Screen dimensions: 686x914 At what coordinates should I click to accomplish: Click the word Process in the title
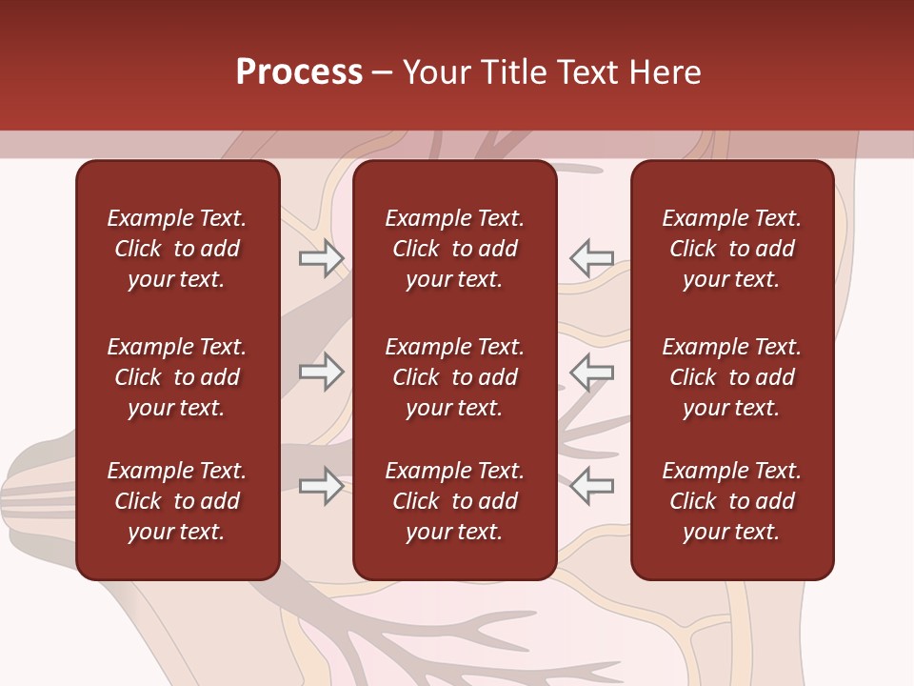pyautogui.click(x=299, y=72)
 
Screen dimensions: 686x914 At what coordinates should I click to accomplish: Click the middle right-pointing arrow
pyautogui.click(x=321, y=373)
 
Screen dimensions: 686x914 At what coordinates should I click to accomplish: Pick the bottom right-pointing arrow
pyautogui.click(x=321, y=487)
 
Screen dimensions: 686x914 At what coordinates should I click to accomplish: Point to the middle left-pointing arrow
pyautogui.click(x=592, y=373)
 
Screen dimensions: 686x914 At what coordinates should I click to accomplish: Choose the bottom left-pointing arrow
pyautogui.click(x=592, y=487)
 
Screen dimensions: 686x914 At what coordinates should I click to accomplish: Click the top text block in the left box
pyautogui.click(x=177, y=249)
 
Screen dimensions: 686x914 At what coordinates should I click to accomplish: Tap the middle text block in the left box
pyautogui.click(x=177, y=377)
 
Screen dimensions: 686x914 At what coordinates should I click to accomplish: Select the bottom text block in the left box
pyautogui.click(x=177, y=501)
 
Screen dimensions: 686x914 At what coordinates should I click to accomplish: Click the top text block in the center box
pyautogui.click(x=455, y=249)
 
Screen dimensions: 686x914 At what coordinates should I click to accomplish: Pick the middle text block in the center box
pyautogui.click(x=455, y=377)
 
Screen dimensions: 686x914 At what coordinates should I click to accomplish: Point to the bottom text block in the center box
pyautogui.click(x=455, y=501)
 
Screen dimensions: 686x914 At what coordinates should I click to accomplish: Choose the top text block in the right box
pyautogui.click(x=732, y=249)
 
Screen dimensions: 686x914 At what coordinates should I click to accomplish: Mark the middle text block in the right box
pyautogui.click(x=732, y=377)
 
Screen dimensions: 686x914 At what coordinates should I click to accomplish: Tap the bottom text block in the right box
pyautogui.click(x=732, y=501)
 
